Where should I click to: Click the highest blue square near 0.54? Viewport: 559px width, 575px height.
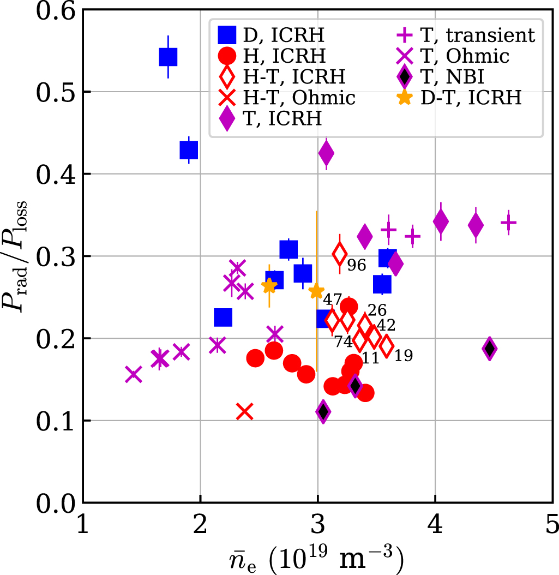click(168, 57)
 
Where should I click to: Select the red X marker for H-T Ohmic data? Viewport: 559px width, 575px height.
click(245, 412)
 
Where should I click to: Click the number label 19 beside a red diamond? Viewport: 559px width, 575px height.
click(404, 356)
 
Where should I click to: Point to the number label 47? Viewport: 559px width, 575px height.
click(333, 300)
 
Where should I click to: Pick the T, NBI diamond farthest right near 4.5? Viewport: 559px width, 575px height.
click(489, 349)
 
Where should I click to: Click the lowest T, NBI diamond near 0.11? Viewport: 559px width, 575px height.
click(323, 411)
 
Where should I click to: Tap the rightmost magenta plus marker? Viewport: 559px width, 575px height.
click(508, 223)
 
